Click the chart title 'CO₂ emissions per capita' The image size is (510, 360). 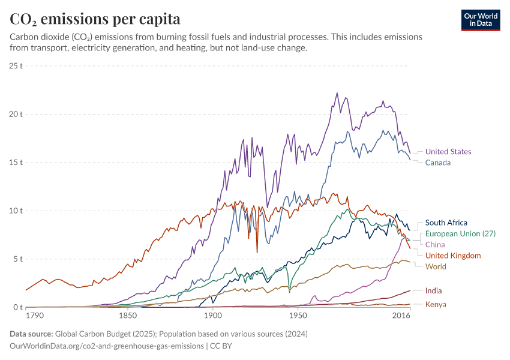(95, 19)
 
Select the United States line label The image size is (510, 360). (448, 152)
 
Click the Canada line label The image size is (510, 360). (438, 163)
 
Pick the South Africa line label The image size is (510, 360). (446, 223)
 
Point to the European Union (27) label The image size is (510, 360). (460, 233)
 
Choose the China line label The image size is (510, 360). (435, 245)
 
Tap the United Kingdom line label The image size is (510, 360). (453, 256)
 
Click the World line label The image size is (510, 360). (436, 266)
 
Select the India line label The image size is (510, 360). (434, 290)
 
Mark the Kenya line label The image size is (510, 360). (436, 304)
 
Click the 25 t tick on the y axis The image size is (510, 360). (16, 65)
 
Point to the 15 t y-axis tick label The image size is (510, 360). (16, 162)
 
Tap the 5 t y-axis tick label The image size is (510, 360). (18, 259)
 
